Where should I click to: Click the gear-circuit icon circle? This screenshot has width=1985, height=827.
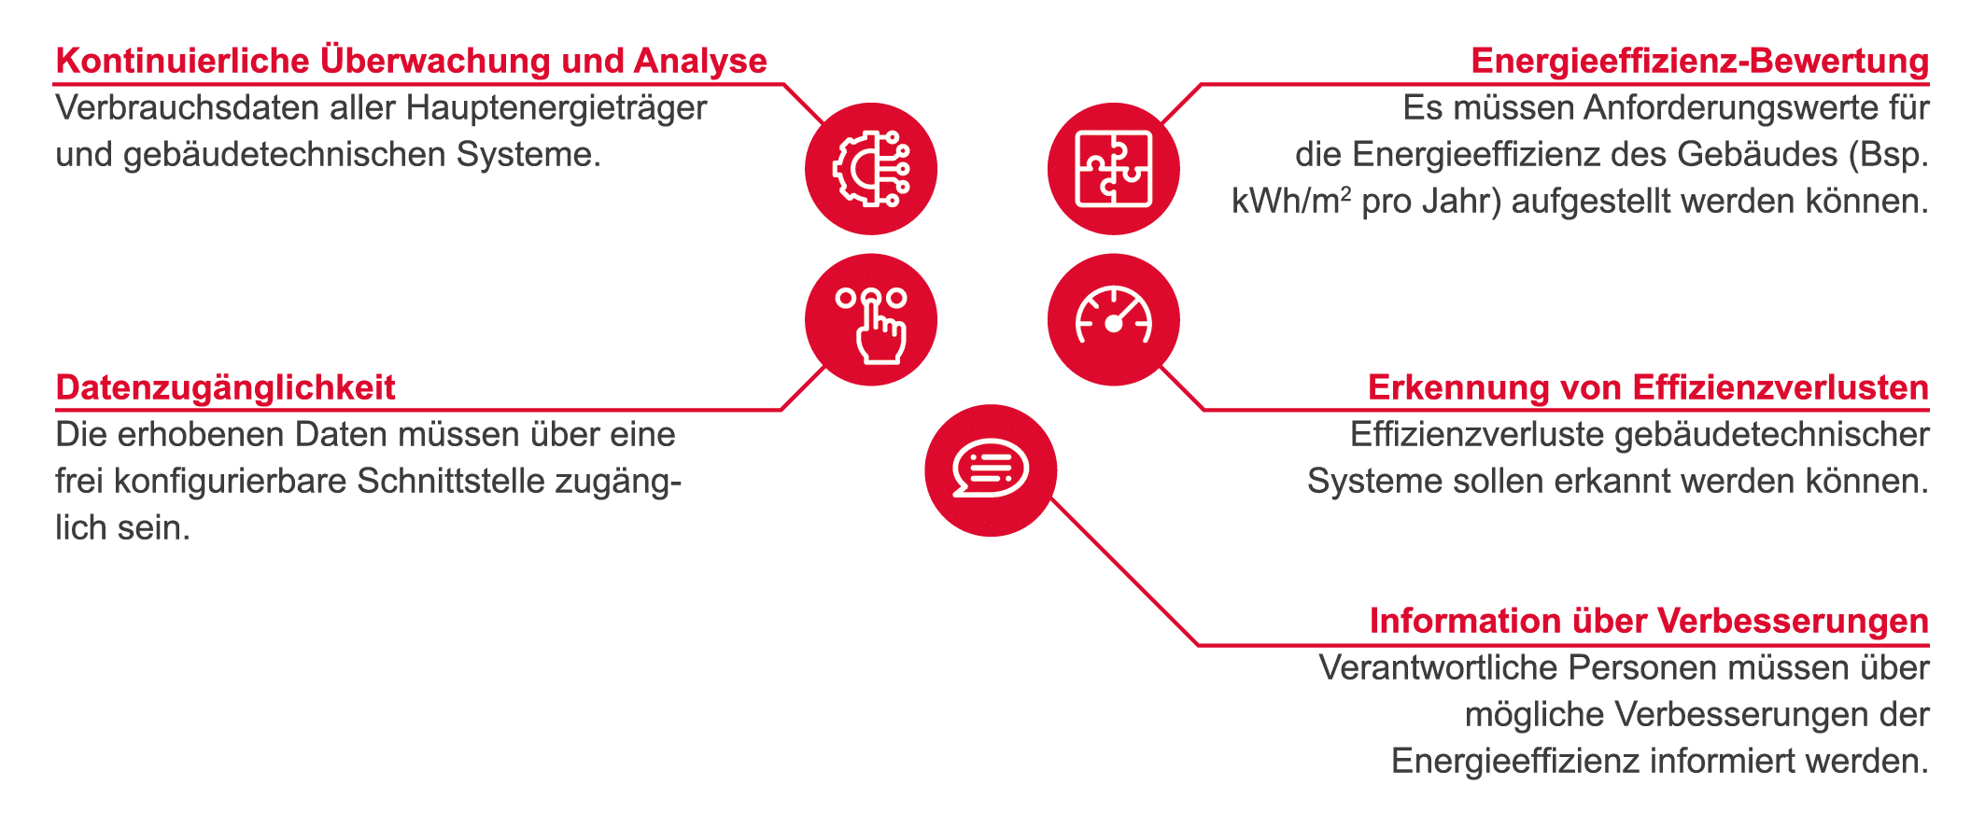[870, 169]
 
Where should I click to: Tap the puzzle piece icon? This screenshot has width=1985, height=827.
[1113, 169]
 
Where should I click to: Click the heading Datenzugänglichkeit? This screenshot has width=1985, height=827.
[226, 387]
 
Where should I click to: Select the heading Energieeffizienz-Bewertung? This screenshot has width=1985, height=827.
[1699, 61]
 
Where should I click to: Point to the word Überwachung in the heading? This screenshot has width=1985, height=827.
[435, 61]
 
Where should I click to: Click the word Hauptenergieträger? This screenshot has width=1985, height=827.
[556, 108]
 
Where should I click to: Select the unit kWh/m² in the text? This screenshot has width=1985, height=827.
[1291, 202]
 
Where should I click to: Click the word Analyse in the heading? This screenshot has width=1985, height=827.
[700, 61]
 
